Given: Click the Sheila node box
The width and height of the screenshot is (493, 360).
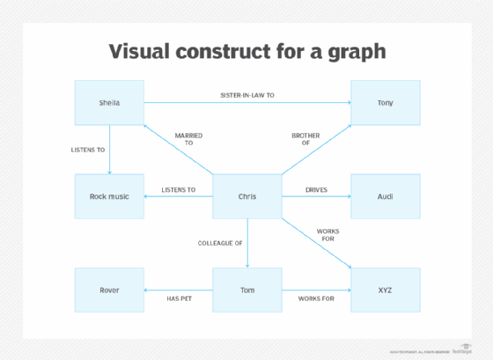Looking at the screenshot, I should [x=109, y=102].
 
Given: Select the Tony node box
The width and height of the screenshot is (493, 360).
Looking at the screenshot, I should [x=385, y=102].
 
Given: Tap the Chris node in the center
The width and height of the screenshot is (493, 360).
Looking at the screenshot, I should [x=246, y=195].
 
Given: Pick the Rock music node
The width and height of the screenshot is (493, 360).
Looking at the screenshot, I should [x=109, y=195].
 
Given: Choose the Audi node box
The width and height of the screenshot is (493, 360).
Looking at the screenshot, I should [x=385, y=195].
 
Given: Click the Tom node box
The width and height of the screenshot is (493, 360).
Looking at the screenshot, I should [x=246, y=290].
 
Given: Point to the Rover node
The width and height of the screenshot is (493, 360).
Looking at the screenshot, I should [x=109, y=290].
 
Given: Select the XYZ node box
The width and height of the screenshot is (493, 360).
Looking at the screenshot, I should [x=385, y=290].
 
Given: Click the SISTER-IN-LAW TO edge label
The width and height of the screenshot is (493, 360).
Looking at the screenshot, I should [x=248, y=94].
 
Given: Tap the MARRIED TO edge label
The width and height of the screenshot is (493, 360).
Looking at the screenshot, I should [x=188, y=139].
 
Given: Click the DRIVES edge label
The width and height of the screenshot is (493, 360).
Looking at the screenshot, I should [x=316, y=189].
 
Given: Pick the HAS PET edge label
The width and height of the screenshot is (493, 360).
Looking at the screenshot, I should [x=180, y=298].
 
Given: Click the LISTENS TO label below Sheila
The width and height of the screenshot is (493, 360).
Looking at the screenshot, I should [x=88, y=150].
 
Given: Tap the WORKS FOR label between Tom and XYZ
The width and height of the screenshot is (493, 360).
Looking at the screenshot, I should [x=316, y=298].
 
